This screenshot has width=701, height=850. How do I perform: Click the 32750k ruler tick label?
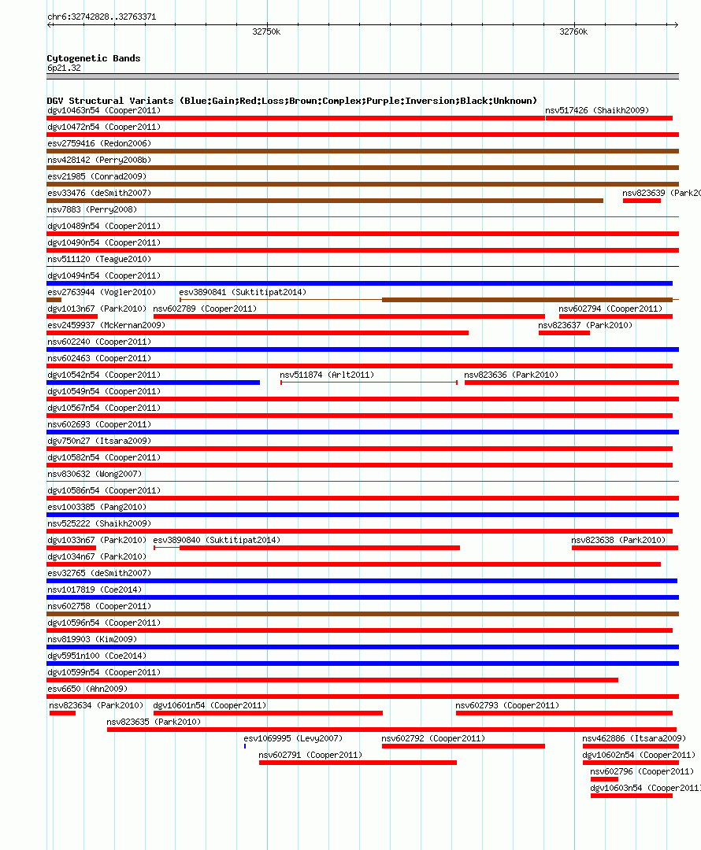266,32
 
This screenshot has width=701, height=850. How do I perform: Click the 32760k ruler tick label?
573,32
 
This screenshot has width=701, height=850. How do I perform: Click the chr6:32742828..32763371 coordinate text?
102,17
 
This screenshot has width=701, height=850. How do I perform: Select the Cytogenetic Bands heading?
94,58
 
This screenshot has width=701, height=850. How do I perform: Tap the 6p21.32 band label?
64,68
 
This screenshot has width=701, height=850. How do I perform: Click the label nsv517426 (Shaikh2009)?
597,110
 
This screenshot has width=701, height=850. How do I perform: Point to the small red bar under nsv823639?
641,201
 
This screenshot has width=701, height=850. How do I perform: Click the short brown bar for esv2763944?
54,300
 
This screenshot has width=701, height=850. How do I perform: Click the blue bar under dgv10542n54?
153,382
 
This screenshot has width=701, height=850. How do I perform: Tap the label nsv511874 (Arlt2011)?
327,375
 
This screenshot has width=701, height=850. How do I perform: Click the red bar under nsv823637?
564,333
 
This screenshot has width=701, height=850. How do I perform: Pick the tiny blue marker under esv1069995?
245,745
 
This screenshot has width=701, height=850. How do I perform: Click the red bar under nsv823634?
62,713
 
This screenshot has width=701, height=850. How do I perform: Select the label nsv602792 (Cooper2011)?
433,738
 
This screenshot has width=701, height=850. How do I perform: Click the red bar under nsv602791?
358,762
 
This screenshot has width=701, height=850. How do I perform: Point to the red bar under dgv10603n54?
631,795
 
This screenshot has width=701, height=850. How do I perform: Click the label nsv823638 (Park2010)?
618,540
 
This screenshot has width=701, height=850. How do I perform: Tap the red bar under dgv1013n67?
72,316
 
